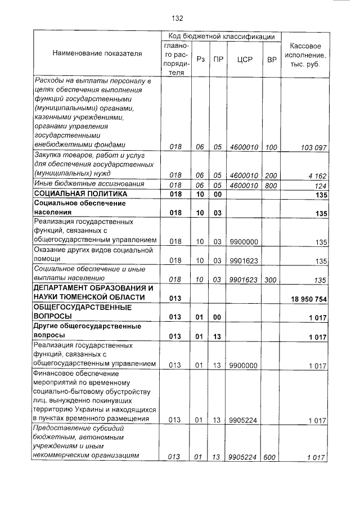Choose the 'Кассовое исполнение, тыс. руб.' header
(x=304, y=55)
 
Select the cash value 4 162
(x=317, y=175)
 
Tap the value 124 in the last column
(x=321, y=184)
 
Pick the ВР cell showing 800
(x=271, y=184)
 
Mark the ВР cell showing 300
(x=271, y=279)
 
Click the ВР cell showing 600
(x=269, y=458)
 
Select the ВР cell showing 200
(x=271, y=175)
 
